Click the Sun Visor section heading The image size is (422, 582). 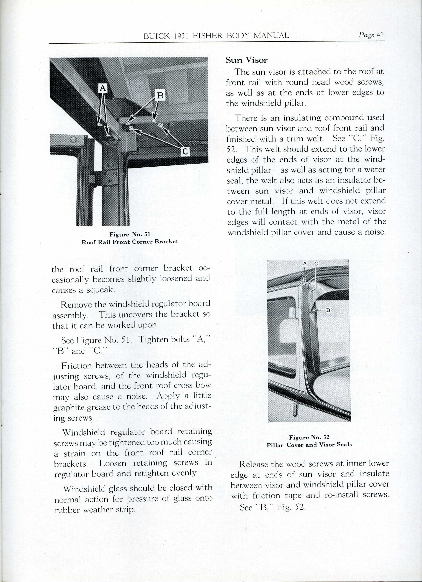click(246, 60)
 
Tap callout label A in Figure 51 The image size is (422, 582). click(103, 88)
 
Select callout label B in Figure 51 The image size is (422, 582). click(160, 95)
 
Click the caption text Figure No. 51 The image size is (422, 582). click(130, 234)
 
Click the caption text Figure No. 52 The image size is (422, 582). click(309, 437)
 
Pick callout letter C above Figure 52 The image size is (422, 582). click(316, 264)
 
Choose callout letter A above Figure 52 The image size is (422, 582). click(305, 264)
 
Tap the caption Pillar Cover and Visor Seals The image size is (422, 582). click(309, 445)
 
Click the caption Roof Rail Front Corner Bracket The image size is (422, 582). click(130, 242)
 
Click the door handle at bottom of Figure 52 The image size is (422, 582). click(295, 410)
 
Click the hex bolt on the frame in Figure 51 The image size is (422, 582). click(74, 139)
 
